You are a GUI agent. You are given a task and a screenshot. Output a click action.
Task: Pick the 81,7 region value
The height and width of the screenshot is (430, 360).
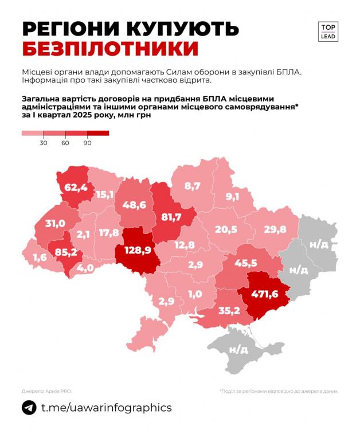[171, 217]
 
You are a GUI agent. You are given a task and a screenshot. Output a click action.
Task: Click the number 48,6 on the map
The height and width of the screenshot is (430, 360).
[134, 204]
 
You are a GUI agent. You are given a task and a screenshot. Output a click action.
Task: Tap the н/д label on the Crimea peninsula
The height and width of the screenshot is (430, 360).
[238, 349]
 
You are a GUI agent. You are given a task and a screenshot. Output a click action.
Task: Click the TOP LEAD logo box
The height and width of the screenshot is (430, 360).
[328, 31]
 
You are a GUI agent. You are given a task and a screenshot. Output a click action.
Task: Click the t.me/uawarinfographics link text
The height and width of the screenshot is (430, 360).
[106, 408]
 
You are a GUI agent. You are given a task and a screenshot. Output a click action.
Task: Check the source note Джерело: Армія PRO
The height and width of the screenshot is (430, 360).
[47, 390]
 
